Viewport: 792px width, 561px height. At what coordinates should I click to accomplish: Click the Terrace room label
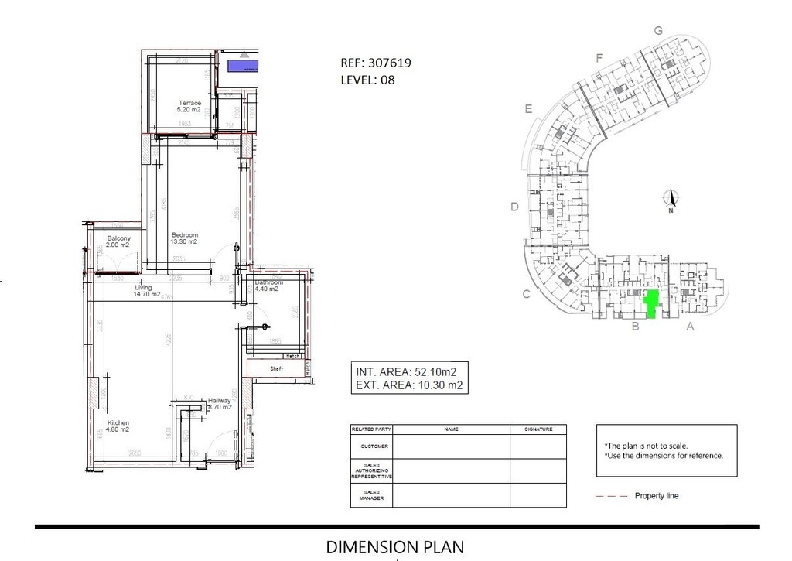point(189,106)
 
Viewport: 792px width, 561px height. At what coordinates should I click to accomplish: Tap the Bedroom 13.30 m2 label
point(185,238)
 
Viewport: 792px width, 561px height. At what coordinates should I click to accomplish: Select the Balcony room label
point(118,241)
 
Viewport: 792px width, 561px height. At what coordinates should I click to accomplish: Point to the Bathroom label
point(269,286)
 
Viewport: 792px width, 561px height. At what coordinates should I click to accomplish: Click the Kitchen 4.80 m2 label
point(118,426)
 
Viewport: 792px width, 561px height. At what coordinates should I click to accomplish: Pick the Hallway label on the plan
point(220,403)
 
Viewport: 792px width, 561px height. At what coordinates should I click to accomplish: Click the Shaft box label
point(276,369)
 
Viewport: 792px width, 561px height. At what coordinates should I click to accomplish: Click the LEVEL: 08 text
point(367,79)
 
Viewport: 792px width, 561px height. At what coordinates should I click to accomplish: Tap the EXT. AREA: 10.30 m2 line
point(408,385)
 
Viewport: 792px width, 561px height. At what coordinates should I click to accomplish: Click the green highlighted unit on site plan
point(651,304)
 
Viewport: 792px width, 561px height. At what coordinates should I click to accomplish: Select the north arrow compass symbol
point(671,200)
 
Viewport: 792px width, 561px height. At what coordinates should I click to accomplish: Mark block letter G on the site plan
point(658,30)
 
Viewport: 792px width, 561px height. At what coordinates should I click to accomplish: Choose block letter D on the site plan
point(514,207)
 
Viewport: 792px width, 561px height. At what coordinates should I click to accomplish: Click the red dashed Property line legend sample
point(611,496)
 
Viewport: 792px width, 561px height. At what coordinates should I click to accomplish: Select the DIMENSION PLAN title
point(395,547)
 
